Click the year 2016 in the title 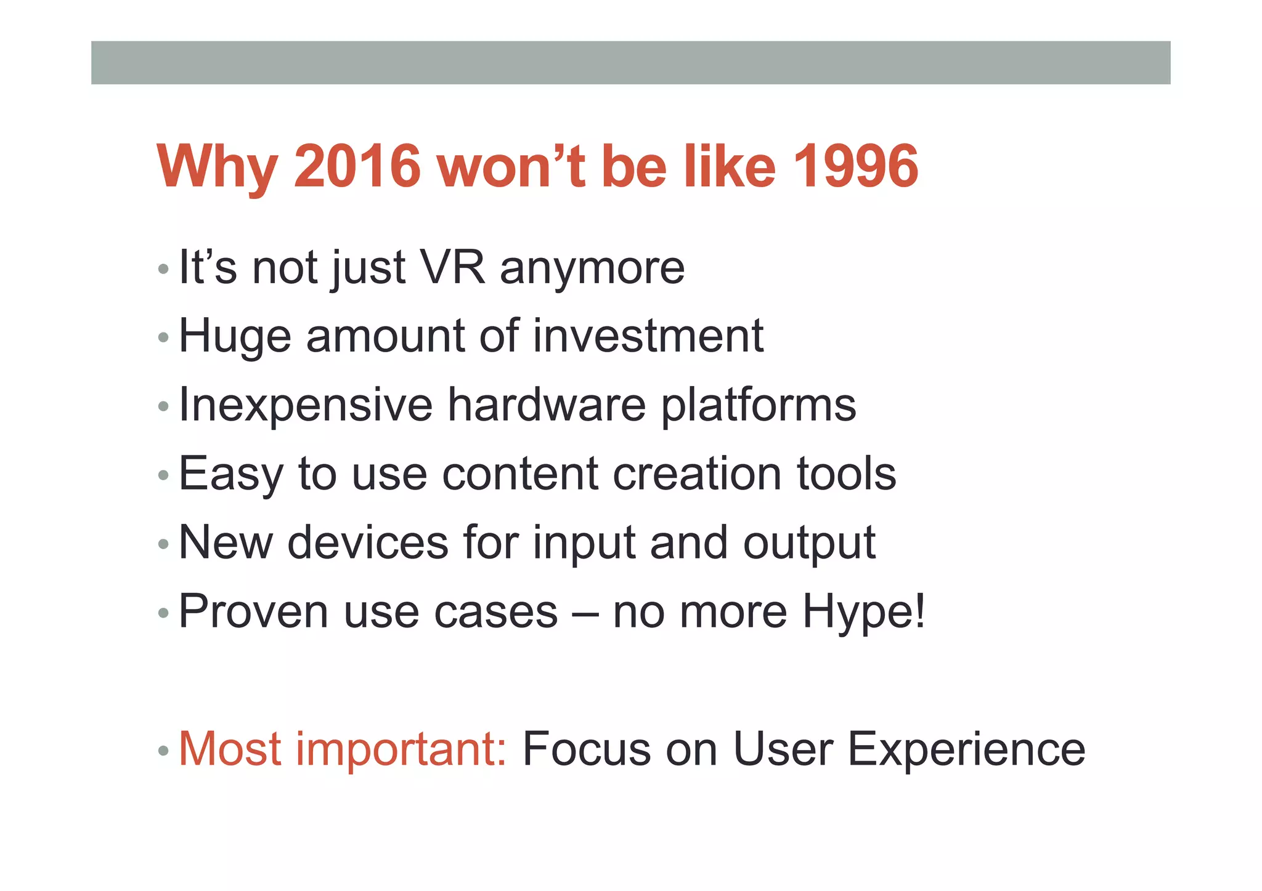pyautogui.click(x=357, y=166)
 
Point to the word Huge pyautogui.click(x=235, y=337)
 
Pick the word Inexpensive pyautogui.click(x=306, y=406)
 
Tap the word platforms pyautogui.click(x=759, y=406)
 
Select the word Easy pyautogui.click(x=231, y=475)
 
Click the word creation pyautogui.click(x=697, y=474)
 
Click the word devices pyautogui.click(x=368, y=542)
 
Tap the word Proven pyautogui.click(x=253, y=611)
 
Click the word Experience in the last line pyautogui.click(x=966, y=750)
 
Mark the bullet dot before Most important pyautogui.click(x=163, y=751)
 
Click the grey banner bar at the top pyautogui.click(x=630, y=62)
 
